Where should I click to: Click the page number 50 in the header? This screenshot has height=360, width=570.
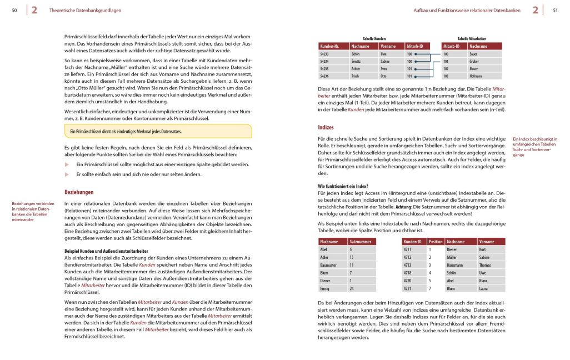[14, 10]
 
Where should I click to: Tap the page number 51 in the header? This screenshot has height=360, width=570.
[555, 10]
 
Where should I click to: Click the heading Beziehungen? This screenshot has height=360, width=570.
[79, 192]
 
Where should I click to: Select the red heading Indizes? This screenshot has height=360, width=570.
[326, 127]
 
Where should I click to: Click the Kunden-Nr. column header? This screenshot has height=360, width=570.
[330, 47]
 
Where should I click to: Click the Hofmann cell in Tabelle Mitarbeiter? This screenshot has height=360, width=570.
[477, 76]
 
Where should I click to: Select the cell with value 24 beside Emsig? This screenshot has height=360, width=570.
[352, 289]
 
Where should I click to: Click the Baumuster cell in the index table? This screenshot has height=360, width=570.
[330, 266]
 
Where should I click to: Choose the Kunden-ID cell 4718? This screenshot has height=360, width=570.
[408, 273]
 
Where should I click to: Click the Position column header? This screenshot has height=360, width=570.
[436, 242]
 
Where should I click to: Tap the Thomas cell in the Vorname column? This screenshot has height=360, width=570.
[486, 266]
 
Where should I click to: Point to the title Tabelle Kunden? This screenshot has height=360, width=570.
[374, 39]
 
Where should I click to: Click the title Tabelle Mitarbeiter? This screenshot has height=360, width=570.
[472, 39]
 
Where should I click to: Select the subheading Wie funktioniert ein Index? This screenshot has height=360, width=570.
[343, 186]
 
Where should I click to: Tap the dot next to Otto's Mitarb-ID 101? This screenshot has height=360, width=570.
[416, 76]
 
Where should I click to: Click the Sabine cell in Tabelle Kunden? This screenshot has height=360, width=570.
[385, 62]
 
